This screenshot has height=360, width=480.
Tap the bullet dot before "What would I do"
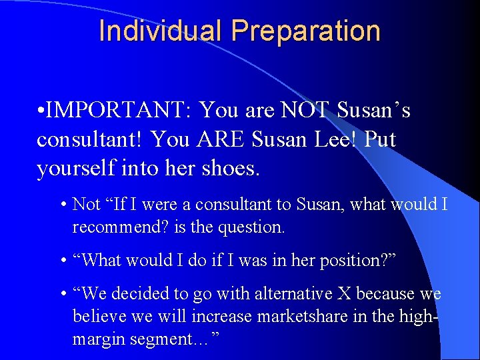point(61,261)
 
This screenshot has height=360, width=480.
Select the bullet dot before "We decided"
point(61,294)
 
